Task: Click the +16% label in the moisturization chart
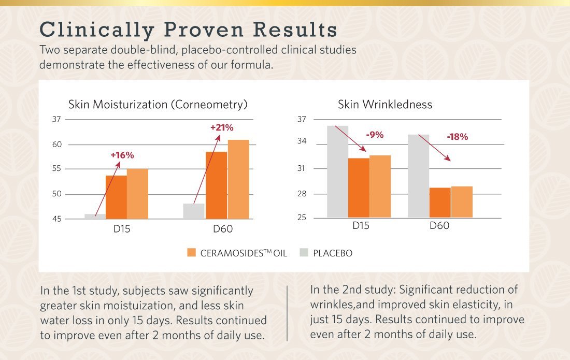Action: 122,155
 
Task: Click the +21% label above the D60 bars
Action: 222,127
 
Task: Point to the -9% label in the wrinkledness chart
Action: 375,135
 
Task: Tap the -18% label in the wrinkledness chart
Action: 457,137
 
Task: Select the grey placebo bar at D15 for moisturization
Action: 95,216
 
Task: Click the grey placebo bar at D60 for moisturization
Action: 194,211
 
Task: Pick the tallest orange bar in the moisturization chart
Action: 238,179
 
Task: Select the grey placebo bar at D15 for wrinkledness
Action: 337,171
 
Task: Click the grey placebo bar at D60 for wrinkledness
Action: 419,176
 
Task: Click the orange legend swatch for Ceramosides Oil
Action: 191,253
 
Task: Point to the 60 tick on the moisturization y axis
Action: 56,145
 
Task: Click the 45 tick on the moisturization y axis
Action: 56,219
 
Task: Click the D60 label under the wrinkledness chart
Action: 439,226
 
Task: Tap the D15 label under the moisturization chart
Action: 122,228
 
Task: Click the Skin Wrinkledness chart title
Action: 384,105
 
